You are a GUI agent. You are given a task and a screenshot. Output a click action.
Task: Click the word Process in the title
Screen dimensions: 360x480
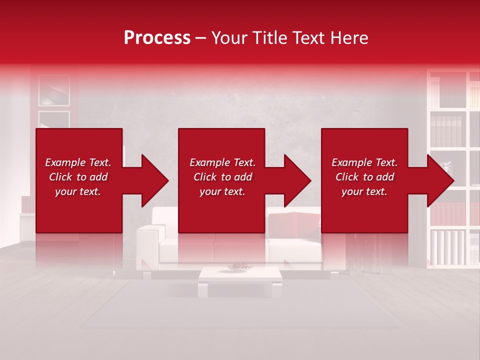(x=157, y=38)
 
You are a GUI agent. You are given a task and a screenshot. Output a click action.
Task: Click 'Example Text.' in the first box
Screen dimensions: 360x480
(x=78, y=162)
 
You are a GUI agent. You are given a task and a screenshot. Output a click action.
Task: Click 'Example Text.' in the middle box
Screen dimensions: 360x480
(x=222, y=162)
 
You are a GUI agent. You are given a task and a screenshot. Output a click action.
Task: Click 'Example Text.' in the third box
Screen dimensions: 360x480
(x=364, y=162)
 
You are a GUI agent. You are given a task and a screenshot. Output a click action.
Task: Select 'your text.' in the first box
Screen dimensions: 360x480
(x=78, y=191)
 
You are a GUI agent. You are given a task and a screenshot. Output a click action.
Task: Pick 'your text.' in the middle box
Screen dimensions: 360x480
(x=222, y=191)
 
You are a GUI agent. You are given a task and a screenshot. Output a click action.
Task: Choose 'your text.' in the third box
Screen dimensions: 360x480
(x=364, y=191)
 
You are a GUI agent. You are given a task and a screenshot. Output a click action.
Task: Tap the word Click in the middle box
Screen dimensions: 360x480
(x=204, y=177)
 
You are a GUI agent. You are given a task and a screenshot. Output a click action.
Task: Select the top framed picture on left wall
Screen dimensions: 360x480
(x=54, y=90)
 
